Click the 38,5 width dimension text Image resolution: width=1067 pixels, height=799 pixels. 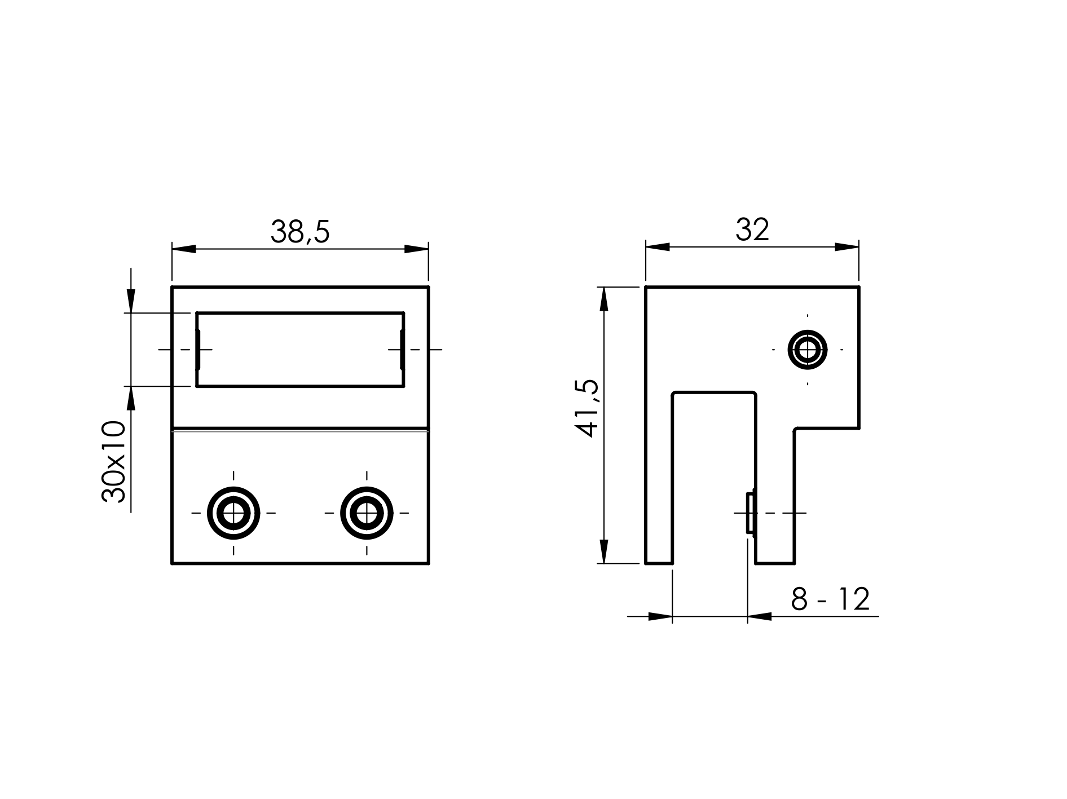[x=300, y=231]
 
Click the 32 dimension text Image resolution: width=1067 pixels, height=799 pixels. [x=752, y=229]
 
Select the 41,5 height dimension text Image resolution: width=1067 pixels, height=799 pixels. [x=586, y=409]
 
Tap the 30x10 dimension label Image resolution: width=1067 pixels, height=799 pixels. [x=113, y=461]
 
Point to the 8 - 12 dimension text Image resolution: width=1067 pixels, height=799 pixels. [x=830, y=599]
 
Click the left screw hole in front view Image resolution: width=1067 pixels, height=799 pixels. [x=233, y=513]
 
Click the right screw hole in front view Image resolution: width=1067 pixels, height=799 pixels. [x=367, y=513]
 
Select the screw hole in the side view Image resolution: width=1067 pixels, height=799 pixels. [x=808, y=350]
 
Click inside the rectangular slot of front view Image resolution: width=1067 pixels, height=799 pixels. [x=300, y=350]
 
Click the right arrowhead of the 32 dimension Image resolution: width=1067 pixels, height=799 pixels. [x=846, y=247]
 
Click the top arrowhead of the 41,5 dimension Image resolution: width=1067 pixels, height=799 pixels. [x=604, y=299]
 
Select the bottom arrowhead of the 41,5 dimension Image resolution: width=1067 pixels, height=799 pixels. [x=604, y=551]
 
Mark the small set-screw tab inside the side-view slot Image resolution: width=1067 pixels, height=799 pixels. [x=750, y=513]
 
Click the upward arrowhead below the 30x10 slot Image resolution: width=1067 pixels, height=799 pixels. [x=131, y=399]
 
